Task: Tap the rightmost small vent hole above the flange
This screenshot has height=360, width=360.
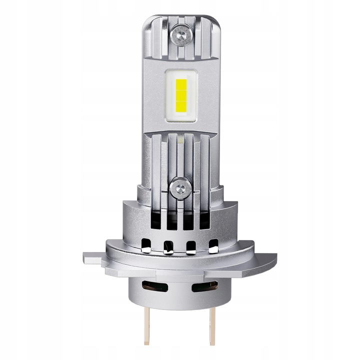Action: [213, 245]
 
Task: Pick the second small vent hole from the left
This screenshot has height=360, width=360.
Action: [168, 246]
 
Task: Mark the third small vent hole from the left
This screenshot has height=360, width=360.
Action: [191, 246]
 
